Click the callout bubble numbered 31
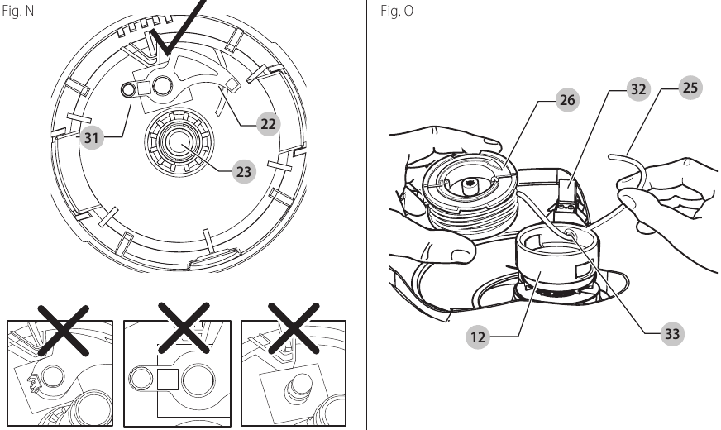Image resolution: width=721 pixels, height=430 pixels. pyautogui.click(x=92, y=138)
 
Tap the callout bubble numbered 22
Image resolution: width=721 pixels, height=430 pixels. pyautogui.click(x=267, y=123)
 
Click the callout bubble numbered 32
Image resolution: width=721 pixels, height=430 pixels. pyautogui.click(x=637, y=89)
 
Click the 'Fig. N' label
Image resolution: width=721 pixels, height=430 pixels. pyautogui.click(x=17, y=12)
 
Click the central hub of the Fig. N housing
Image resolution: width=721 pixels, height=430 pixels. pyautogui.click(x=176, y=141)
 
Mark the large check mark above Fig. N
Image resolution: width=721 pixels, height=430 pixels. pyautogui.click(x=178, y=29)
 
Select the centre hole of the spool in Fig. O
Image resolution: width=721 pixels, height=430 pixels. pyautogui.click(x=469, y=183)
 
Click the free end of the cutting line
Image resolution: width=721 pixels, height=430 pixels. pyautogui.click(x=610, y=155)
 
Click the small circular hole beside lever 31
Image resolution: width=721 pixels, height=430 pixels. pyautogui.click(x=129, y=89)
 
